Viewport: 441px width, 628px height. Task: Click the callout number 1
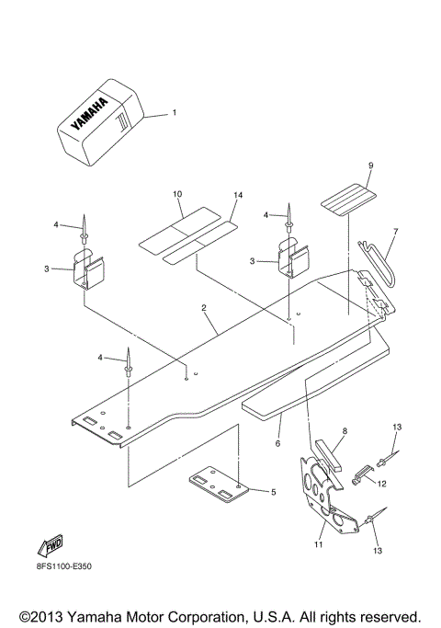(x=175, y=114)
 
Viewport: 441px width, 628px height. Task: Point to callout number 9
(x=345, y=166)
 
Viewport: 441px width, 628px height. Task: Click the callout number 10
(x=177, y=195)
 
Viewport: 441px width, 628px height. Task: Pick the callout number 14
(x=237, y=196)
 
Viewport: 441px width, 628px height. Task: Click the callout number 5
(x=273, y=492)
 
